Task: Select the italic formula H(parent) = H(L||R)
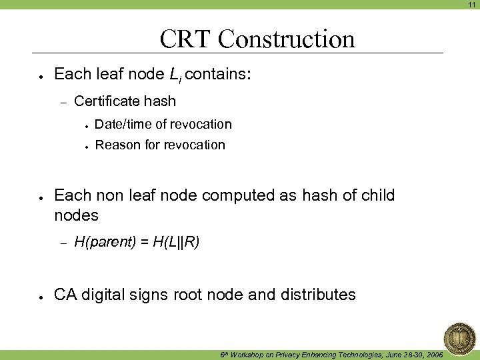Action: click(137, 242)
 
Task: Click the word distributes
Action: click(319, 294)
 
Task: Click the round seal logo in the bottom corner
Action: click(460, 337)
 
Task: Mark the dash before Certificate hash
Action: click(63, 102)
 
